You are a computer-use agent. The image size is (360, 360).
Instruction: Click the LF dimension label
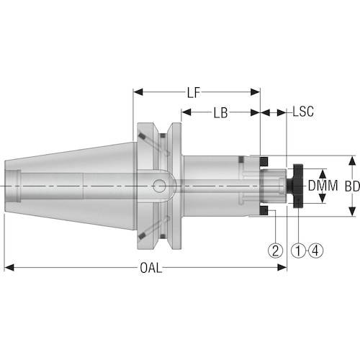click(x=194, y=93)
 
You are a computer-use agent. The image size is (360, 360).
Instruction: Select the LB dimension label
click(x=220, y=112)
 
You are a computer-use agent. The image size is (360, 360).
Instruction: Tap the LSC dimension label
click(x=303, y=112)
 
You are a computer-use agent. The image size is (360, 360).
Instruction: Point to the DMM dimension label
click(x=323, y=186)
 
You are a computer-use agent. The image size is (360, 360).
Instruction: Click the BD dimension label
click(x=352, y=186)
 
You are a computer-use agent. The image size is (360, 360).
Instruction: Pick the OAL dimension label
click(x=151, y=268)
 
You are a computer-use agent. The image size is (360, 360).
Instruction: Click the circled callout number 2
click(x=275, y=251)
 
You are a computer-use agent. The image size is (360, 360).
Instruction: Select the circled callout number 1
click(x=298, y=251)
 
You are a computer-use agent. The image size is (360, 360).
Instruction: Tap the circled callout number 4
click(x=315, y=251)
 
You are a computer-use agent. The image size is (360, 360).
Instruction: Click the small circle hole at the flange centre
click(x=159, y=186)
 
